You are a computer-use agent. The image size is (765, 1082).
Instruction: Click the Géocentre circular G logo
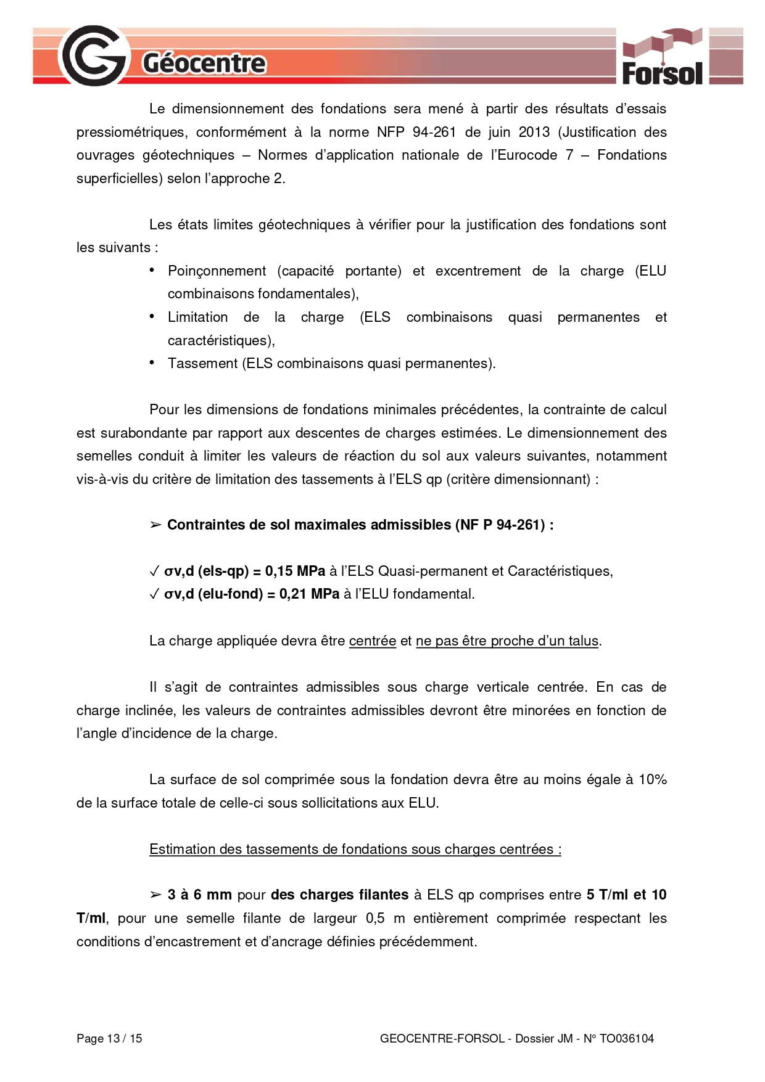[x=94, y=56]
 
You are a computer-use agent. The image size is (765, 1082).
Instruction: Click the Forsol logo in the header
[x=662, y=58]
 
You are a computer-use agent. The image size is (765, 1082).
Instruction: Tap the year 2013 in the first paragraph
[x=534, y=132]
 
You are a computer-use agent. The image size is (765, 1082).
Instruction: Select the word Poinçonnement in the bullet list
[x=217, y=271]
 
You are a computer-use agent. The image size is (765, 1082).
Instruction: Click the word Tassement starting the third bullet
[x=202, y=363]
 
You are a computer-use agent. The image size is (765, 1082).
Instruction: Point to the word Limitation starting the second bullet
[x=197, y=317]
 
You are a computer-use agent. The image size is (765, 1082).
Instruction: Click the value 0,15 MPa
[x=295, y=571]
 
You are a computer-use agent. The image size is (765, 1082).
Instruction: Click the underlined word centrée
[x=373, y=641]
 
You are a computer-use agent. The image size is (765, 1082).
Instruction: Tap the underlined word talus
[x=583, y=641]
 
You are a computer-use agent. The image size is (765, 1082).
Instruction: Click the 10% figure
[x=652, y=779]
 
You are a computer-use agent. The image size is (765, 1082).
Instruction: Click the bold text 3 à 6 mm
[x=199, y=895]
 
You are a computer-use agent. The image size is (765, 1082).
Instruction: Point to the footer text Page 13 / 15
[x=109, y=1038]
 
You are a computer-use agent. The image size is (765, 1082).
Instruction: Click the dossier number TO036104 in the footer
[x=626, y=1038]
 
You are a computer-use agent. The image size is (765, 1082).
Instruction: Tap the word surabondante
[x=143, y=433]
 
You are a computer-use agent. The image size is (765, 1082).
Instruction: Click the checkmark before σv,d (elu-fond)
[x=154, y=594]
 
